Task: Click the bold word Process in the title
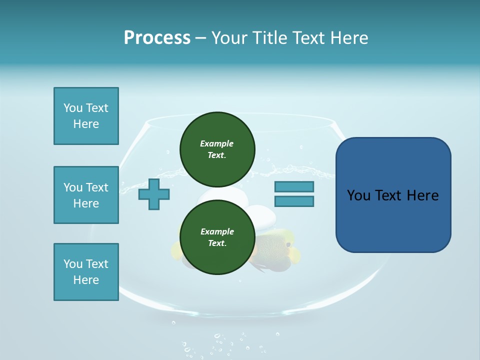click(x=157, y=38)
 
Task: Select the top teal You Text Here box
click(x=86, y=116)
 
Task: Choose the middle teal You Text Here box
click(x=86, y=195)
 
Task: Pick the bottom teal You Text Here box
click(x=86, y=272)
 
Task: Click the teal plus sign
click(x=154, y=194)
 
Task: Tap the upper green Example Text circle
click(x=217, y=149)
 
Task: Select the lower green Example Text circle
click(x=217, y=237)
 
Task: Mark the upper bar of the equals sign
click(x=294, y=187)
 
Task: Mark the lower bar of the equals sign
click(x=294, y=201)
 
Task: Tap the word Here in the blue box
click(x=422, y=195)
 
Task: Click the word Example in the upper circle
click(x=217, y=143)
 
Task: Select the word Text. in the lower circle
click(x=217, y=243)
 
